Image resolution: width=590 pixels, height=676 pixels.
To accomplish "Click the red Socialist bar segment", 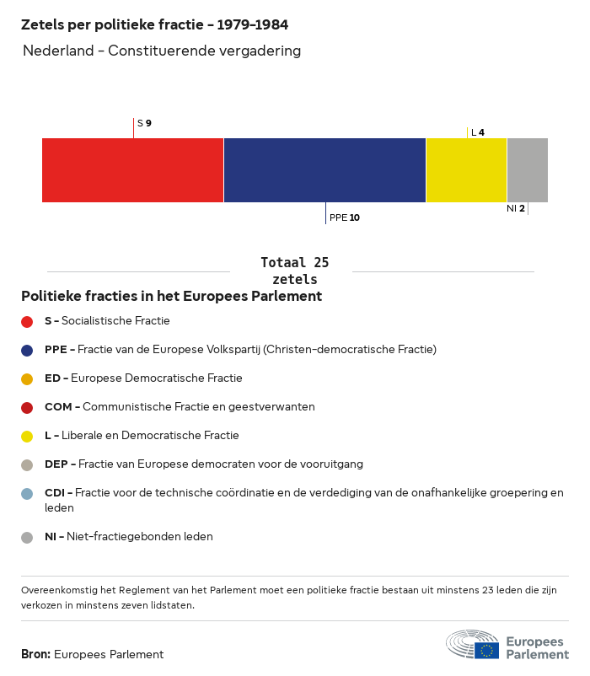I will point(132,170).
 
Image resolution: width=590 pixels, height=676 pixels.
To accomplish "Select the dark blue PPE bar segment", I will point(324,170).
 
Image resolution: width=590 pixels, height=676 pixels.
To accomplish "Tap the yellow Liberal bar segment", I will point(466,170).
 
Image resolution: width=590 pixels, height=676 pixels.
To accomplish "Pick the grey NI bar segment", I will point(528,170).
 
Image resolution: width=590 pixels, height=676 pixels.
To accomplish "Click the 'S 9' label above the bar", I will point(144,123).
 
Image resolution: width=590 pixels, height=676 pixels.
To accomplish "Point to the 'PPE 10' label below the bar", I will point(345,217).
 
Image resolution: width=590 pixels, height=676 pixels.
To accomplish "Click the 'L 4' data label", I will point(478,132).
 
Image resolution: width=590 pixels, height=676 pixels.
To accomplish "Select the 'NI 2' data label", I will point(516,208).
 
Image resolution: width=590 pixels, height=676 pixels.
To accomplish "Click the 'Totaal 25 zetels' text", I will point(295,271).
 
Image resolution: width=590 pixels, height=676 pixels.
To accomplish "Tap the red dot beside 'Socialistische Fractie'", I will point(27,321).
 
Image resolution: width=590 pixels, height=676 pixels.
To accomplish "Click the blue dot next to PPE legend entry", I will point(27,350).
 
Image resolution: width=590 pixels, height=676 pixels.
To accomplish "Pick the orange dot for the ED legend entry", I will point(27,378).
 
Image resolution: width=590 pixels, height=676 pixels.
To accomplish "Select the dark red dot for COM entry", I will point(27,407).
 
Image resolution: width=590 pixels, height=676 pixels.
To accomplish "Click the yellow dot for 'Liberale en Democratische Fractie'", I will point(27,436).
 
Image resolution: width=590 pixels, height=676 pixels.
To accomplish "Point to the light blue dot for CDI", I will point(27,493).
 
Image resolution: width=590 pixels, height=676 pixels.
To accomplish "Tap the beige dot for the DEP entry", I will point(27,464).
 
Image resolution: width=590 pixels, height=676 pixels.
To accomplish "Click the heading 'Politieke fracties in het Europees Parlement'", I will point(171,297).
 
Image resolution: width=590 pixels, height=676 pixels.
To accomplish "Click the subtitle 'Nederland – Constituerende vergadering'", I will point(162,51).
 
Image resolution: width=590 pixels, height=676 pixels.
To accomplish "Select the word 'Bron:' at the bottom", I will point(36,654).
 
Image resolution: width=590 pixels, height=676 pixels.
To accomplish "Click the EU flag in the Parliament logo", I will point(486,650).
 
